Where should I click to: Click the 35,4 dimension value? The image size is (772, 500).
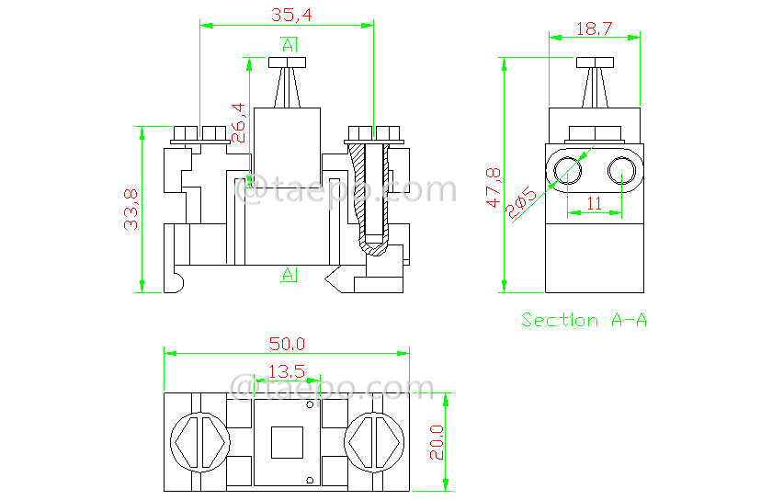coord(289,14)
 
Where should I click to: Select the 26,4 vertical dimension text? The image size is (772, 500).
coord(238,122)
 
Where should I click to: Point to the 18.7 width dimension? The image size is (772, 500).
coord(594,28)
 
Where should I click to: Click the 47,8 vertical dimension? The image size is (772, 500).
coord(494,187)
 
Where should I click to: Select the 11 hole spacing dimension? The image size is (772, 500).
coord(594,203)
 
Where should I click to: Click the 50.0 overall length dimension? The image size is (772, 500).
coord(287,344)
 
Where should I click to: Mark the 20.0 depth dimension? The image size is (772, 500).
coord(437,442)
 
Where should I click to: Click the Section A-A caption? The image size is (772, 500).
coord(585,320)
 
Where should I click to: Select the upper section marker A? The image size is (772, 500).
coord(289,44)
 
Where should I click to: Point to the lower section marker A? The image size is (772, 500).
coord(289,274)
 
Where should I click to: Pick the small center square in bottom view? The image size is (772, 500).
coord(287,442)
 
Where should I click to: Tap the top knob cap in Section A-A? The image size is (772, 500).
coord(595,62)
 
